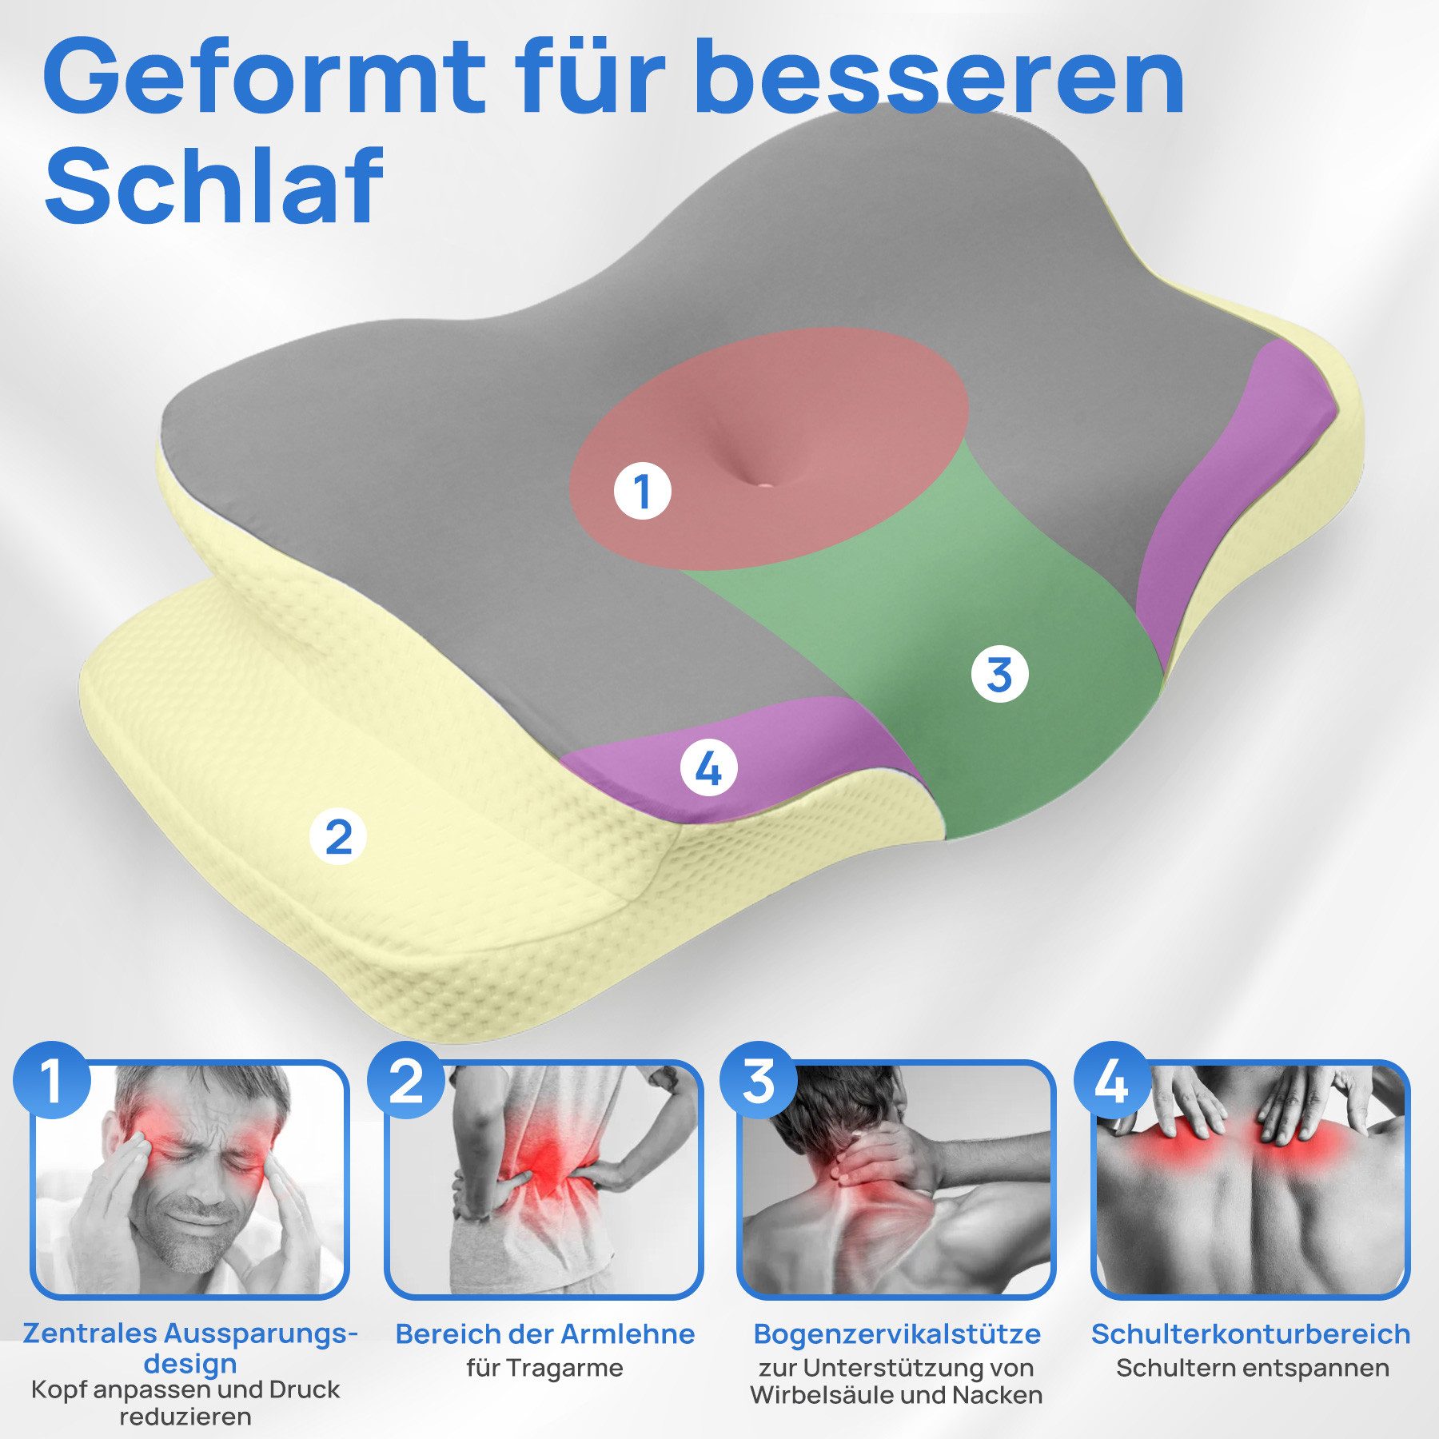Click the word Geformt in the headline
[x=264, y=78]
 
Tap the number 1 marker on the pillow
[x=642, y=491]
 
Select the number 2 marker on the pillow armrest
[x=338, y=836]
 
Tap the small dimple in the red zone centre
[x=764, y=483]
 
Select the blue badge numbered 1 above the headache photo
[x=53, y=1081]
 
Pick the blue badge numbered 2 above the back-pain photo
[x=406, y=1081]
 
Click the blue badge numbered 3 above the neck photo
[x=759, y=1081]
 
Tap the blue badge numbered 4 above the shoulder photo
[x=1112, y=1081]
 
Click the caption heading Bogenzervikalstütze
[x=897, y=1333]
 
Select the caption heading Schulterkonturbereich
[x=1250, y=1333]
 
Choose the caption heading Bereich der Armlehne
[x=544, y=1333]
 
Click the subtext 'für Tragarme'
[x=544, y=1368]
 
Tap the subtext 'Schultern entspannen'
[x=1252, y=1368]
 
